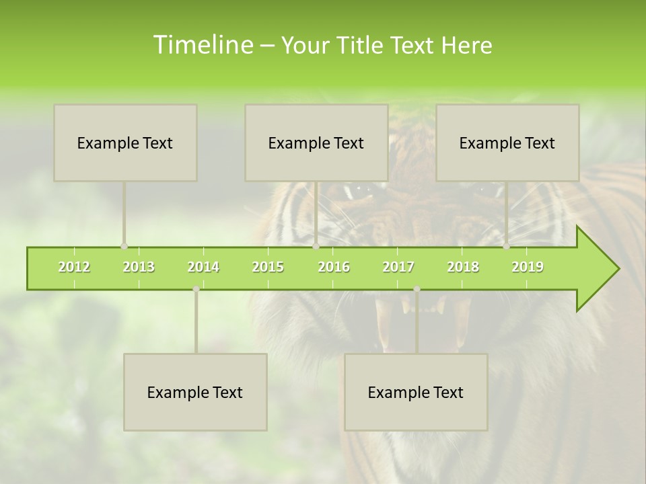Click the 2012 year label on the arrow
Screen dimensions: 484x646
tap(74, 267)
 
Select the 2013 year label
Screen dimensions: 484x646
tap(139, 267)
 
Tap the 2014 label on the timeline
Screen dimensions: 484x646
tap(203, 267)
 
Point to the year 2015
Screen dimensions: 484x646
tap(268, 267)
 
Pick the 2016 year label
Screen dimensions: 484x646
tap(334, 267)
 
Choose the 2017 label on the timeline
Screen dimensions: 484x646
tap(398, 267)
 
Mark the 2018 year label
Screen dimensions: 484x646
tap(463, 267)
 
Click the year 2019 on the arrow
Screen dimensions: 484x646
tap(528, 267)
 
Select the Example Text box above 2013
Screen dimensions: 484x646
tap(125, 143)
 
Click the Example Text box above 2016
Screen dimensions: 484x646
tap(316, 143)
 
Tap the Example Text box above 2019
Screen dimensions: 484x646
tap(507, 143)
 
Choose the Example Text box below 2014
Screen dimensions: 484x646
tap(195, 392)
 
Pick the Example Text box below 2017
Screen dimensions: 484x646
tap(416, 392)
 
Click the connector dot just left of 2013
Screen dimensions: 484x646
tap(124, 246)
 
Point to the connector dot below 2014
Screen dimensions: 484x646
tap(196, 289)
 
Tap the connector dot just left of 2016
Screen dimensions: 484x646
tap(316, 246)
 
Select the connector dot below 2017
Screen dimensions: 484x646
tap(417, 289)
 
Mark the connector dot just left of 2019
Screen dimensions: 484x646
tap(506, 246)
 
